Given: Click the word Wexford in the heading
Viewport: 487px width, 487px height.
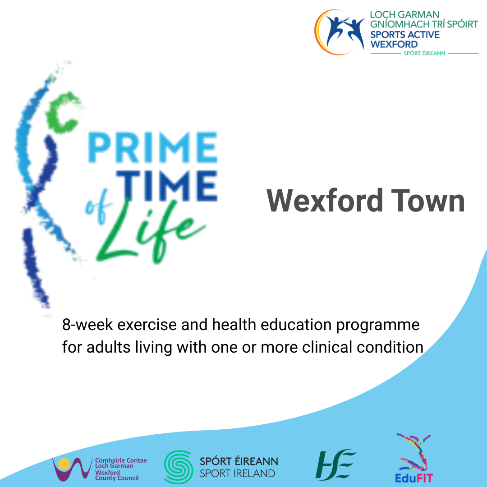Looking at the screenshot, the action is (x=325, y=201).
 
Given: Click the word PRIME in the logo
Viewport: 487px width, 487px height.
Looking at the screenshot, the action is (x=152, y=147).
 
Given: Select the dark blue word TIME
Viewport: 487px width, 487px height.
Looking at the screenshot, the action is (x=167, y=185).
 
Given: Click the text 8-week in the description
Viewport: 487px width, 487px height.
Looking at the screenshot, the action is (x=87, y=325).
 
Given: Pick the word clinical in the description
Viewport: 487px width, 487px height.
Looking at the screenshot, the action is (x=327, y=347).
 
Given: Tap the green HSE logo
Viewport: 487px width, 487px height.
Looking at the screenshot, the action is (x=335, y=464).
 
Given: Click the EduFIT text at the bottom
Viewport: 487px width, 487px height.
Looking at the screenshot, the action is (x=413, y=478).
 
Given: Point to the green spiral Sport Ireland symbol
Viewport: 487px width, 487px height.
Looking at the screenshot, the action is (x=179, y=467).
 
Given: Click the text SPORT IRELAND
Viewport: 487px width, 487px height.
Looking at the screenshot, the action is (x=237, y=473).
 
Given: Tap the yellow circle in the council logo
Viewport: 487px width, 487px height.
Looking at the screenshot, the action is (x=64, y=464).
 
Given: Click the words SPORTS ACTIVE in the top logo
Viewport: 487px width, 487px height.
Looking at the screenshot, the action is (x=404, y=34).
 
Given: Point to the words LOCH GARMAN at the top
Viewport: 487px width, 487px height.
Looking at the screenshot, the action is (x=404, y=14).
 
